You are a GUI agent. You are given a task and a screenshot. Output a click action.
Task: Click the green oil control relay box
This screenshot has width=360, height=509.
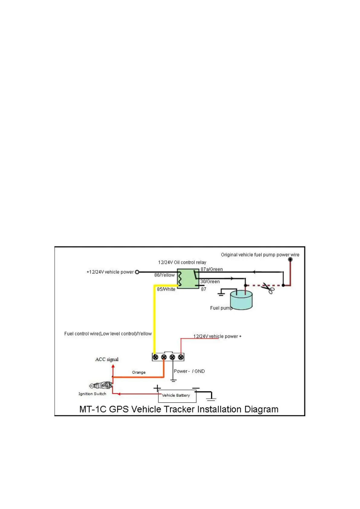tap(188, 278)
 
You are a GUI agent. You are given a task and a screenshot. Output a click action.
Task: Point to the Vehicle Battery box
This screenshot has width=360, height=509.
tap(177, 396)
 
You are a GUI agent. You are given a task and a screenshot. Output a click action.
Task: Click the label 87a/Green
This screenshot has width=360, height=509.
tap(212, 269)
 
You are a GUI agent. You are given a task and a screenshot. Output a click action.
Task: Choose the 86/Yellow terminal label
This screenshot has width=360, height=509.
tap(164, 275)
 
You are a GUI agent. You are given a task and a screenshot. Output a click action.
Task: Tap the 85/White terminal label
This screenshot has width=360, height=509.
tap(166, 289)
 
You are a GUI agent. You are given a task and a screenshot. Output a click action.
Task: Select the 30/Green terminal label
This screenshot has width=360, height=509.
tap(210, 282)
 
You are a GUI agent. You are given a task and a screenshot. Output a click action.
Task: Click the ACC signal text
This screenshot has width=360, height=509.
tap(107, 359)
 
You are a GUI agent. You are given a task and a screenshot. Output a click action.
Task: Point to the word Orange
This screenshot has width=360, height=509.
tap(139, 372)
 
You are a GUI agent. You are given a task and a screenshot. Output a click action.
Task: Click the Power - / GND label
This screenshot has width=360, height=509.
tap(189, 371)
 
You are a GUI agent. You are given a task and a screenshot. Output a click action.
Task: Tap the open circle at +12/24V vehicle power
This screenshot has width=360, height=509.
tap(137, 272)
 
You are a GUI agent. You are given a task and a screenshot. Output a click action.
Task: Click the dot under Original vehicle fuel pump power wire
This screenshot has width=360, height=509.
tap(290, 260)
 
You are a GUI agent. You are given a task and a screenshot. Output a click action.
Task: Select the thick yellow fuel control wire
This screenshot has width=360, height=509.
tap(154, 320)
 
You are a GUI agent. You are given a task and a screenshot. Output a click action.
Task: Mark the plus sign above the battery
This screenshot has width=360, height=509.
tap(157, 388)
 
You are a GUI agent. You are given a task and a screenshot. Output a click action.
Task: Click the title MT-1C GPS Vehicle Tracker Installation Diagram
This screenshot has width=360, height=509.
tap(179, 409)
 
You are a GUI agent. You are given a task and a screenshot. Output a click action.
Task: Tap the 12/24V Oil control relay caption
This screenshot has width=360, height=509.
tap(182, 262)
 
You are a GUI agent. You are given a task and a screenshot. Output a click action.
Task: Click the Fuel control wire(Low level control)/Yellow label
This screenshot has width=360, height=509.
tap(108, 334)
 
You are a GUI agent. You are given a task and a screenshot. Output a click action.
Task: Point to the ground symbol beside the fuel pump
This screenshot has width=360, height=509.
tap(221, 293)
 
